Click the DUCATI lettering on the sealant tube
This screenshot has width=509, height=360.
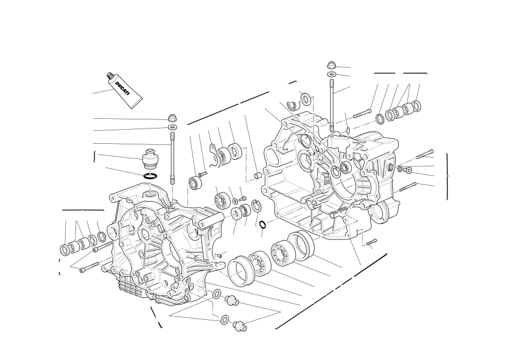(122, 88)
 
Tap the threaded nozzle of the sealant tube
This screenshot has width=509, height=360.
(110, 77)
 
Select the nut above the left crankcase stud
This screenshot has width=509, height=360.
(172, 118)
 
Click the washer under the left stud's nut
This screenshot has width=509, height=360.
(173, 126)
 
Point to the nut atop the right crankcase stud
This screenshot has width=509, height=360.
(331, 65)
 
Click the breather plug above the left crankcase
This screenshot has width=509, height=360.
(150, 158)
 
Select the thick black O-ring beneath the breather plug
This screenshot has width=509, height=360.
(150, 177)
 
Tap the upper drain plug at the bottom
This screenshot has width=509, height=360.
(231, 300)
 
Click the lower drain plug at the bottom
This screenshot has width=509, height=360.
(240, 325)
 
